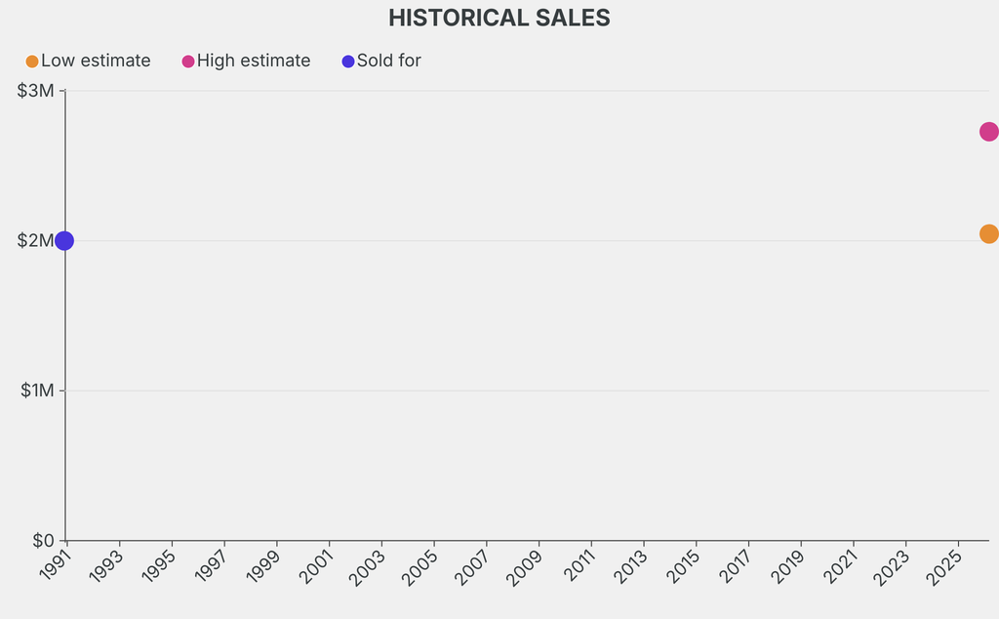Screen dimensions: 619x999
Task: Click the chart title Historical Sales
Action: [x=499, y=18]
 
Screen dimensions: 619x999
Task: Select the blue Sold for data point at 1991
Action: [x=63, y=240]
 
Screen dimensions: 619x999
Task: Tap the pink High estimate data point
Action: [x=988, y=131]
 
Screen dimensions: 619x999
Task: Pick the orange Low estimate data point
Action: [x=988, y=233]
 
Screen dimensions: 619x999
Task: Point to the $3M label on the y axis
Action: [x=36, y=91]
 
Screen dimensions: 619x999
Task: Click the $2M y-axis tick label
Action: [x=36, y=240]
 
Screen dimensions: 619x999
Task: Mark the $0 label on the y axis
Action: [x=44, y=540]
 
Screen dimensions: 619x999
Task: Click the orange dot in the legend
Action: [x=32, y=62]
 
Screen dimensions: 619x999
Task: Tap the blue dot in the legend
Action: [x=348, y=62]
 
